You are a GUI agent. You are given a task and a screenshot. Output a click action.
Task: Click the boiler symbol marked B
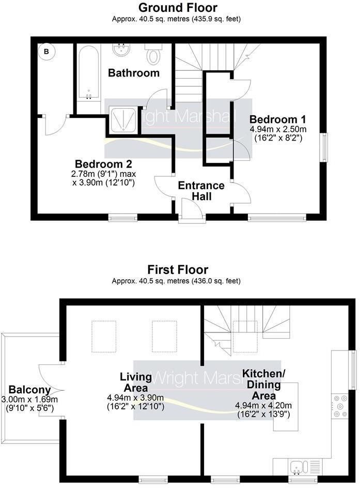(x=46, y=51)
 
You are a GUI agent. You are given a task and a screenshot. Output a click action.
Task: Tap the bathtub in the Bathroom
(x=89, y=74)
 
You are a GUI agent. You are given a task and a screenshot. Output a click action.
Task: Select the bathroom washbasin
(x=121, y=50)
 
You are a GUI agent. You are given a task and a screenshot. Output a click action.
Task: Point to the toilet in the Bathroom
(x=153, y=54)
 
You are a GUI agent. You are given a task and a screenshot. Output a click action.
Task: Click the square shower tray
(x=123, y=119)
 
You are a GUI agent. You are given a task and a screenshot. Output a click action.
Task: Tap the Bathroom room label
(x=134, y=73)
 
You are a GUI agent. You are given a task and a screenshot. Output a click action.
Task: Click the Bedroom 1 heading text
(x=277, y=119)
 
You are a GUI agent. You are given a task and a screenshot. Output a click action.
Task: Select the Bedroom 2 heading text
(x=103, y=164)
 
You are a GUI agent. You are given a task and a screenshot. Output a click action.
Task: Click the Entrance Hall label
(x=201, y=191)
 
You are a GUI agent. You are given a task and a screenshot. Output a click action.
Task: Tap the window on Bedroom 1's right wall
(x=324, y=147)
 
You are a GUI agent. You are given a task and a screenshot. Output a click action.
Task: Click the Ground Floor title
(x=178, y=7)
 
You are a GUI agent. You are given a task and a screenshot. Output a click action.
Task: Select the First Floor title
(x=178, y=269)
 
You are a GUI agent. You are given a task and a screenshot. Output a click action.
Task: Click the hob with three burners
(x=339, y=406)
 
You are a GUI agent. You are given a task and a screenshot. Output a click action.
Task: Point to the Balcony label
(x=30, y=389)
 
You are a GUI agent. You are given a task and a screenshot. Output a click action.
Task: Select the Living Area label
(x=136, y=382)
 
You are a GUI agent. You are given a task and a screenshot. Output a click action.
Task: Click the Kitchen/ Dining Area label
(x=263, y=385)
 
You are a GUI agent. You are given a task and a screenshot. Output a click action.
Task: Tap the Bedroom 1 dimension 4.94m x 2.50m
(x=278, y=129)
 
